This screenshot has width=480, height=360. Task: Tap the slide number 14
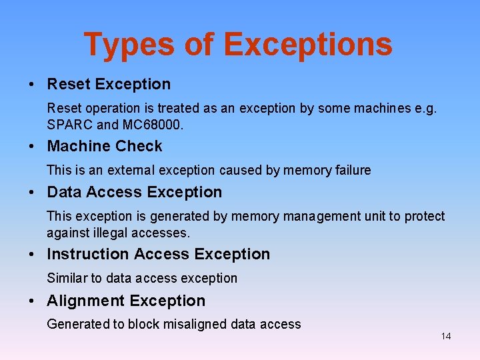coord(445,336)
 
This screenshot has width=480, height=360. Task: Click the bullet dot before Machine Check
coord(32,147)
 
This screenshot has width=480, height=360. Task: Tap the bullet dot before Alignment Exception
coord(32,301)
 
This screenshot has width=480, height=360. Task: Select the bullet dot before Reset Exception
coord(32,85)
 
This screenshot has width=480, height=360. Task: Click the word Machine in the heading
coord(77,146)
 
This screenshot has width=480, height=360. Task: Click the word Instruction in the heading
coord(88,254)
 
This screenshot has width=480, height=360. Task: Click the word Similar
coord(66,278)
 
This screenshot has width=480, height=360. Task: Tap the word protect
coord(423,216)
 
